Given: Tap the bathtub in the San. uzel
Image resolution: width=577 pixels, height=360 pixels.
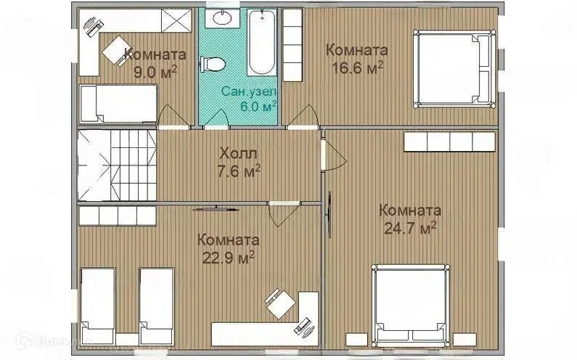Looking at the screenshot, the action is coord(261,43).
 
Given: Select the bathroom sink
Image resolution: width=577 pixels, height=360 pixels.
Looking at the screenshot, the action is coord(222,17).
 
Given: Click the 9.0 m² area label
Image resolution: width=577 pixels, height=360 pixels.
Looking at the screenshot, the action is coord(155,72).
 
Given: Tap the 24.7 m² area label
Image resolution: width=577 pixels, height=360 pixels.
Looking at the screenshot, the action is coord(410,227).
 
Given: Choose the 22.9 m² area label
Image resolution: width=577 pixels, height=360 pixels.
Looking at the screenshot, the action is coord(229,256).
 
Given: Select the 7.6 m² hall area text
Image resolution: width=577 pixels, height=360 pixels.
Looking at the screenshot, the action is coord(240,171).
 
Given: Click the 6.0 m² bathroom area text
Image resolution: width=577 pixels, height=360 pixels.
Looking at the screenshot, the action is coord(258,107).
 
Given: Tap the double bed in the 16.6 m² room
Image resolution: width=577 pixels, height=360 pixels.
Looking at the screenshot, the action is coord(455,69).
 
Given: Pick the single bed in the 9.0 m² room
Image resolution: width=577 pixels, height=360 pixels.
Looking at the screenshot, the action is coord(118,104).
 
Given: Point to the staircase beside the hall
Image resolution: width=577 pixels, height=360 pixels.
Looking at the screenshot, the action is coord(117,165).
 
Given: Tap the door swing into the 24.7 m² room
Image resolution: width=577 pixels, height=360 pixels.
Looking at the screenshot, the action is coord(334,155).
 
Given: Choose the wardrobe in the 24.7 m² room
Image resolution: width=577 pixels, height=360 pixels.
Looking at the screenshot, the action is coord(449,142).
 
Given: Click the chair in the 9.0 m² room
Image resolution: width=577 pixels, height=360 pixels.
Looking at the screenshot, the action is coord(115,50).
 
